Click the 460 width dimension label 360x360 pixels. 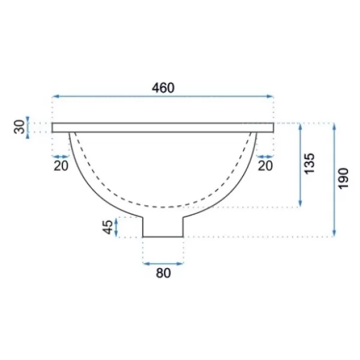(163, 88)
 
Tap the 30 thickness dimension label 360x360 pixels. (20, 127)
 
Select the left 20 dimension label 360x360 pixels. (61, 166)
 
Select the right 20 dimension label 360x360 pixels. (265, 166)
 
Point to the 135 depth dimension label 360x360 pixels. (309, 163)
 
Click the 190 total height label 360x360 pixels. (344, 179)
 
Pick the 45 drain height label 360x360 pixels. (107, 227)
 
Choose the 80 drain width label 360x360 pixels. (163, 273)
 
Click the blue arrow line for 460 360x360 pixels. (163, 96)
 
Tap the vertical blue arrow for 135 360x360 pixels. (300, 165)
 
